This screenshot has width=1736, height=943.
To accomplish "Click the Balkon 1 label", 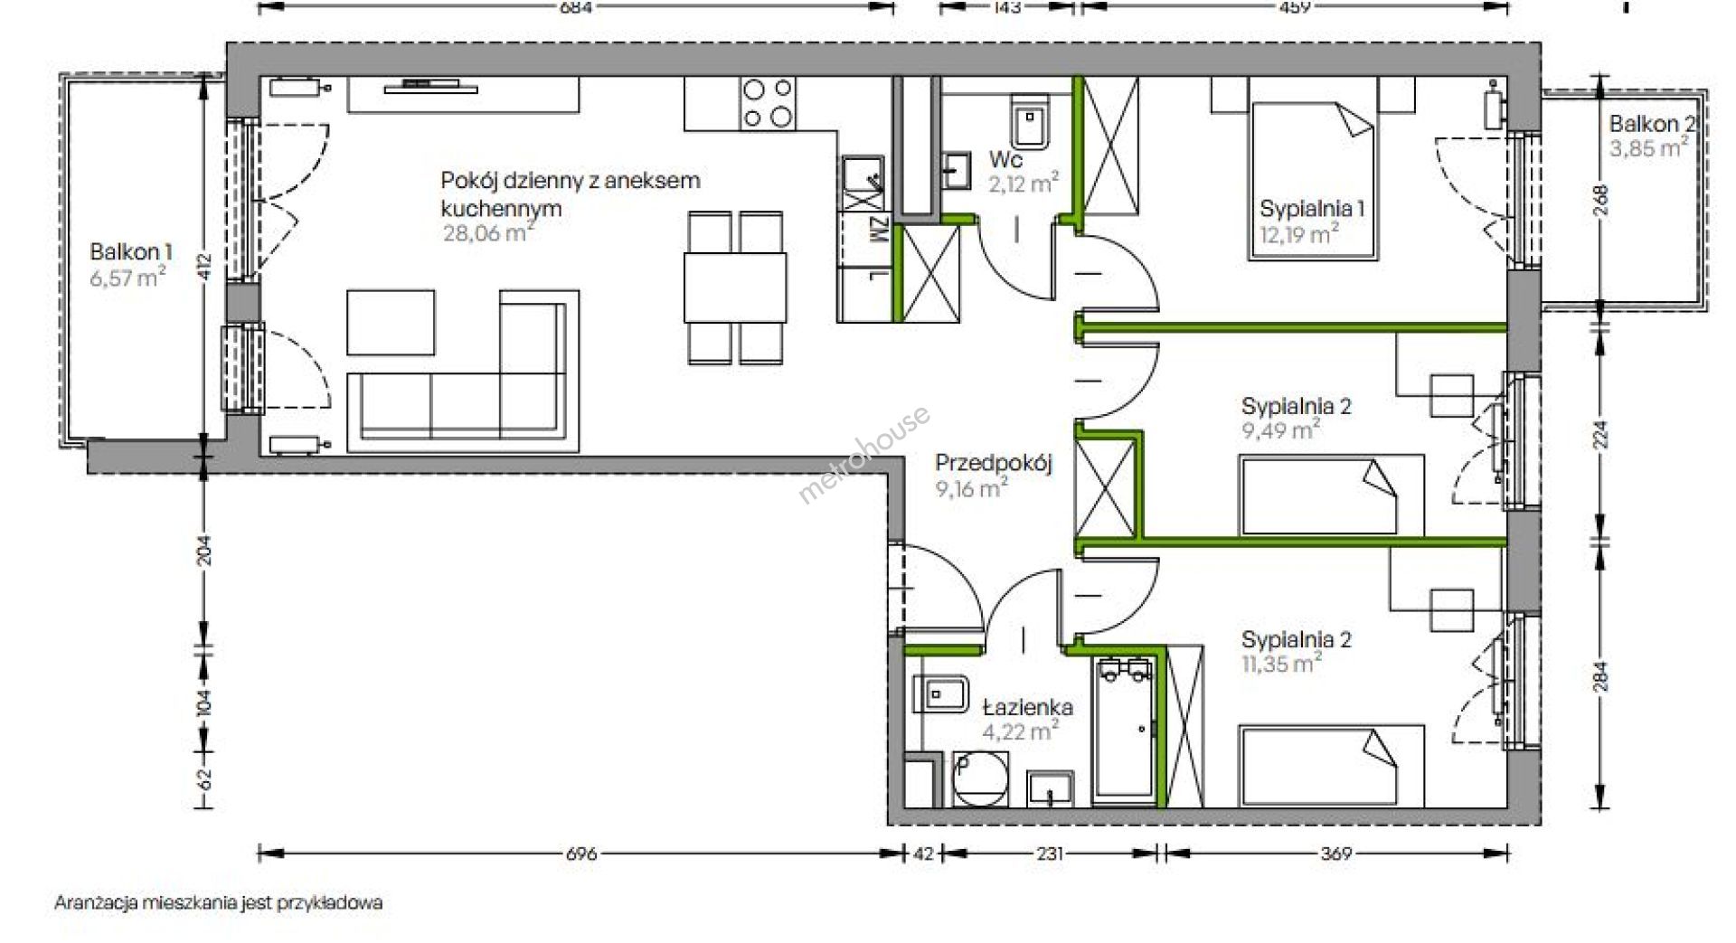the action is (x=131, y=252).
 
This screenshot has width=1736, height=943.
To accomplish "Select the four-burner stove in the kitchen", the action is (x=769, y=102).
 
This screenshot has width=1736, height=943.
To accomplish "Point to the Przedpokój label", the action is (x=994, y=464).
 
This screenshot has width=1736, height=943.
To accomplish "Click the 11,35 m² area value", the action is (x=1282, y=664).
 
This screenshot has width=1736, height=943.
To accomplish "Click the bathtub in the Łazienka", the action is (x=1126, y=731).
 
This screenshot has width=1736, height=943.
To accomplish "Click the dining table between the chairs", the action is (x=735, y=288).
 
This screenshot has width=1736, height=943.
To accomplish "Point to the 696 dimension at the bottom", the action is (x=581, y=853).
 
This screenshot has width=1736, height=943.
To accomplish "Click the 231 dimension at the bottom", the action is (x=1049, y=853).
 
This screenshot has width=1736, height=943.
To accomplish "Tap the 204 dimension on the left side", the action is (x=204, y=551).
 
